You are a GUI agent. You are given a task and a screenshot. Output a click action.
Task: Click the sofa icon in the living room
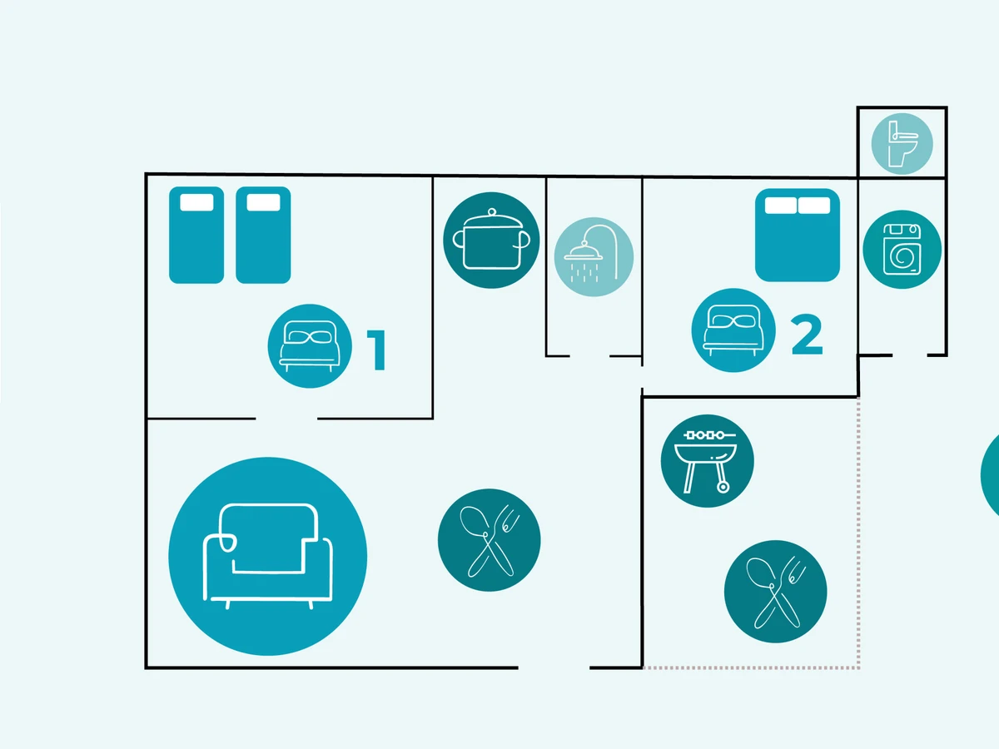[x=267, y=555]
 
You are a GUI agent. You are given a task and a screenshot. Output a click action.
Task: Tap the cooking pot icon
[x=491, y=241]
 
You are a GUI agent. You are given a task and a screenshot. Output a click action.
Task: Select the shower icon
[x=594, y=257]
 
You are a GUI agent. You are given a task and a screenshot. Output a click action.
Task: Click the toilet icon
[x=902, y=144]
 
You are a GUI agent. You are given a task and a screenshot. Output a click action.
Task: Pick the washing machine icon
[x=902, y=250]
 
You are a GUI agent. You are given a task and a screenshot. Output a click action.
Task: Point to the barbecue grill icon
[x=707, y=461]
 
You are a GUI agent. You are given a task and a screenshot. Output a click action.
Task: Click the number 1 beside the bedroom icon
[x=377, y=350]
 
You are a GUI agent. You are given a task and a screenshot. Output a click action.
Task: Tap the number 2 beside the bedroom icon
[x=806, y=335]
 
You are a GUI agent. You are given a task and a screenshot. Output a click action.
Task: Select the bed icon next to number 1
[x=309, y=345]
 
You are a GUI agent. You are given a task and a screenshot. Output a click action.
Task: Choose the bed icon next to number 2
[x=733, y=330]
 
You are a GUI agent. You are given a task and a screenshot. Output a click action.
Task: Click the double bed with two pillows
[x=798, y=235]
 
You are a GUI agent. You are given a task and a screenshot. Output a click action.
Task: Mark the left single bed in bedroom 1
[x=196, y=235]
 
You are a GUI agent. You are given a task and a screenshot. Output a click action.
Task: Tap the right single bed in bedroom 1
[x=263, y=235]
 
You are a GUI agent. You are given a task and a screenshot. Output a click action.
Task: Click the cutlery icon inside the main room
[x=490, y=540]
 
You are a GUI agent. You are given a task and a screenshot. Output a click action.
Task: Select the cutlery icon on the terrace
[x=776, y=592]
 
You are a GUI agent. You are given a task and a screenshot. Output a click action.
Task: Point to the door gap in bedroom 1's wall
[x=286, y=418]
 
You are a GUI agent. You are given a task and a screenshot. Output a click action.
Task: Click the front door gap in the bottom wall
[x=554, y=667]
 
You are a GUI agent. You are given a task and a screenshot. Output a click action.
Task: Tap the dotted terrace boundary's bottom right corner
[x=858, y=667]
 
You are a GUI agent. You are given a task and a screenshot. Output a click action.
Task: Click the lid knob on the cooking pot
[x=491, y=211]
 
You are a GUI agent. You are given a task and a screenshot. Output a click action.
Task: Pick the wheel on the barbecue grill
[x=722, y=487]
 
